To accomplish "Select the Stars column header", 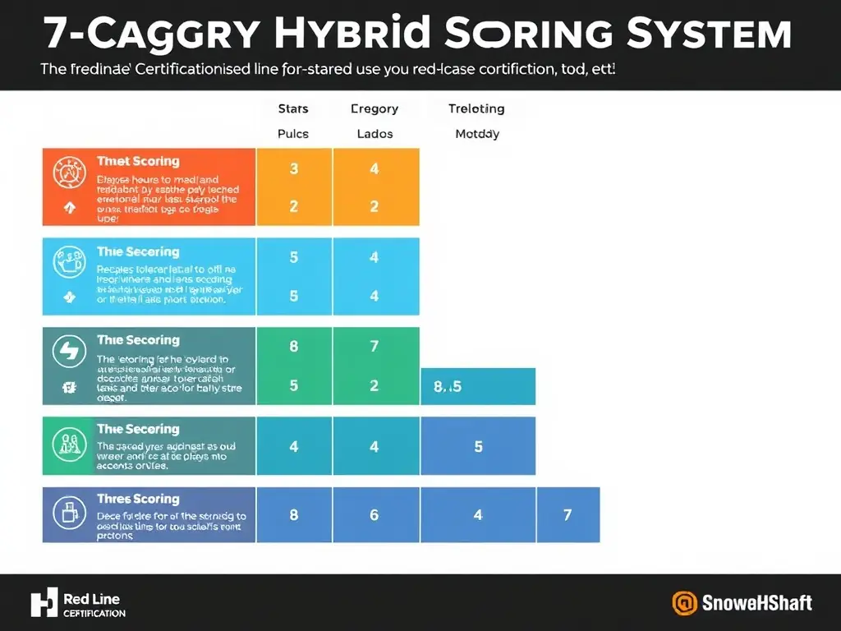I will click(x=293, y=108).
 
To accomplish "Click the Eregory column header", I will click(x=374, y=108).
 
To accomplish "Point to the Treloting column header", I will click(x=476, y=108).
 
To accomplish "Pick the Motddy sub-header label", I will click(x=477, y=134).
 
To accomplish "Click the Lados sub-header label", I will click(x=375, y=134).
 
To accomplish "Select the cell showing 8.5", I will click(x=448, y=386).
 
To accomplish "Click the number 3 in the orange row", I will click(x=294, y=169).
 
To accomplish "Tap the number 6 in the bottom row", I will click(x=375, y=515).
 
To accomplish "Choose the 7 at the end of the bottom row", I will click(x=568, y=515).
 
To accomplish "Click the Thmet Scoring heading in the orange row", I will click(x=137, y=161).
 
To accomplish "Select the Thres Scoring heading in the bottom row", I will click(x=137, y=499).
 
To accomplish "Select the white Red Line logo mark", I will click(x=44, y=603).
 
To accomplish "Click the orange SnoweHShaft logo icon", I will click(x=684, y=603).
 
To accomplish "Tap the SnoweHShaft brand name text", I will click(x=756, y=603).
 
